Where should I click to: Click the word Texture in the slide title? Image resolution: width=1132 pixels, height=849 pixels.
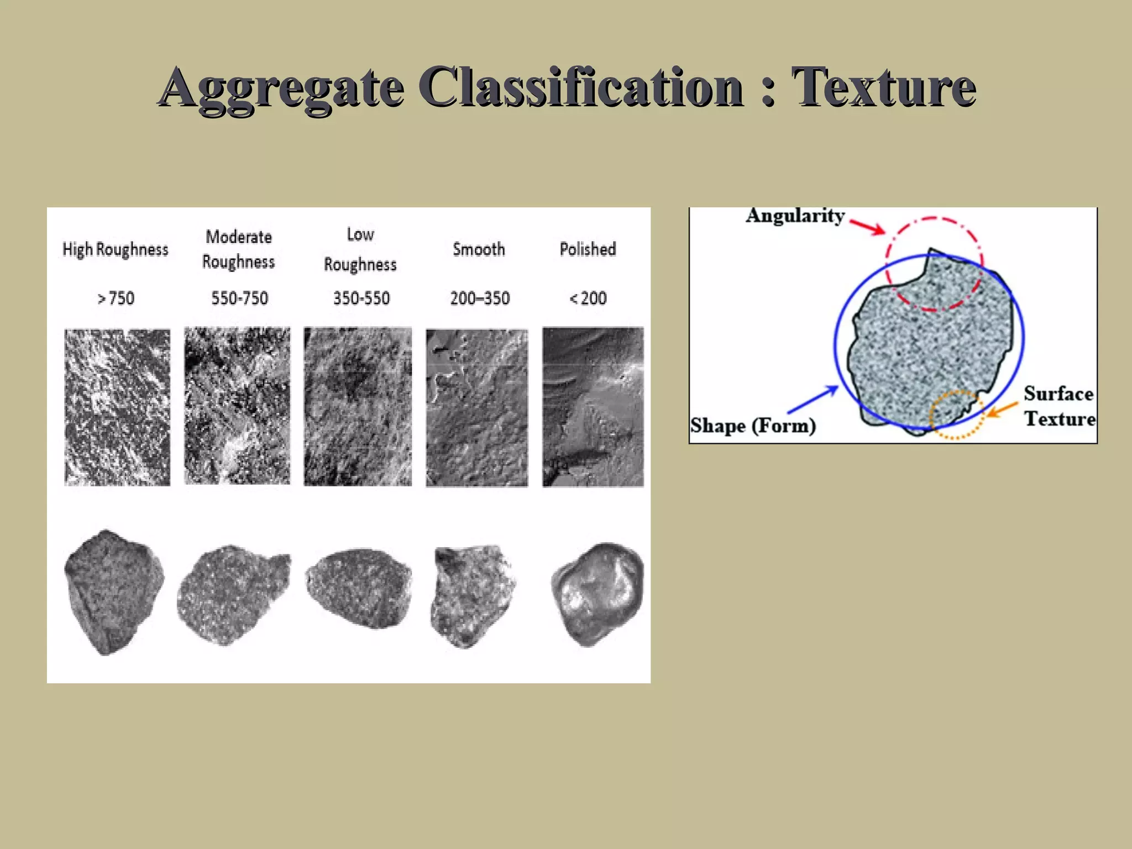pyautogui.click(x=883, y=87)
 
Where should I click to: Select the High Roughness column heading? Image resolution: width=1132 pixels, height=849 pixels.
pyautogui.click(x=115, y=249)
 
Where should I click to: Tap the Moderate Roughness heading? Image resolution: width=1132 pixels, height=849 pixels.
pyautogui.click(x=239, y=249)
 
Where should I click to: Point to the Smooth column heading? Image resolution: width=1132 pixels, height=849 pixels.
pyautogui.click(x=479, y=249)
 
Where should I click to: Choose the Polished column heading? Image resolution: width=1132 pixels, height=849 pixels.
pyautogui.click(x=588, y=249)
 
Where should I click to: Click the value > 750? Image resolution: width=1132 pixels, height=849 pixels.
pyautogui.click(x=116, y=298)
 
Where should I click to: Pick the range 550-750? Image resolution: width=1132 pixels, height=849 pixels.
pyautogui.click(x=239, y=298)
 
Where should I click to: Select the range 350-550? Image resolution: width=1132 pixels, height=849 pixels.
pyautogui.click(x=361, y=298)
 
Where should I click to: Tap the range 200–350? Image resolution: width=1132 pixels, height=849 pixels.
pyautogui.click(x=480, y=298)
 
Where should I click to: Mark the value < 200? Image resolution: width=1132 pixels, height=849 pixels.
pyautogui.click(x=588, y=298)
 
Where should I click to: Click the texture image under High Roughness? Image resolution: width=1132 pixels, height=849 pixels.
pyautogui.click(x=117, y=407)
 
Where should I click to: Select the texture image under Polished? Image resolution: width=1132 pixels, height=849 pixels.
pyautogui.click(x=593, y=407)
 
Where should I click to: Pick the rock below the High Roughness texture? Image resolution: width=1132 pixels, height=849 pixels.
pyautogui.click(x=113, y=591)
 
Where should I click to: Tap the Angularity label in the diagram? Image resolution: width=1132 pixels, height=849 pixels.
pyautogui.click(x=795, y=216)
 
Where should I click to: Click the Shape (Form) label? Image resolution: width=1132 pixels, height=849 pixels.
pyautogui.click(x=753, y=426)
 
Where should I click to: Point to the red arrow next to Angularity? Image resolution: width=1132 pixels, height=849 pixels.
pyautogui.click(x=868, y=227)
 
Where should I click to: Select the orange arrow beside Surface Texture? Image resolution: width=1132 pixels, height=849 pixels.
pyautogui.click(x=1002, y=410)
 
